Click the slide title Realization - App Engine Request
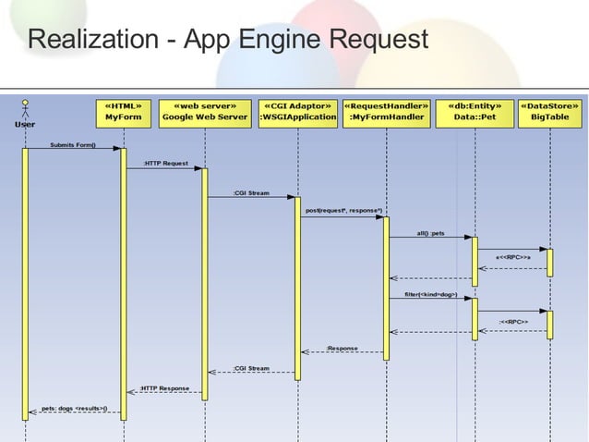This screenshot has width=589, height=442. coord(227,40)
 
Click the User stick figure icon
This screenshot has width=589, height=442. coord(25,107)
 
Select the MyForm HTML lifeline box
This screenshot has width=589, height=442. coord(123,112)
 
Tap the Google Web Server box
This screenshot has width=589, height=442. coord(205,112)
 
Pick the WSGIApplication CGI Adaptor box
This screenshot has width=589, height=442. coord(297,112)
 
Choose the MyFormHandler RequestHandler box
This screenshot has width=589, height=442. coord(386,112)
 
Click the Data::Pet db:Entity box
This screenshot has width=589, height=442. coord(475,112)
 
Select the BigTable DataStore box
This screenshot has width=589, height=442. coord(550,112)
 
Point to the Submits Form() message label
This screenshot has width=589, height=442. coord(72,144)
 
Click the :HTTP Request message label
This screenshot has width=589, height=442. coord(165,164)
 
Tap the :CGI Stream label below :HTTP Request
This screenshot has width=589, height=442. coord(251,193)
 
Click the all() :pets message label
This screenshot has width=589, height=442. coord(430,233)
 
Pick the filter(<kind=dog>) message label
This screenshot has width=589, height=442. coord(430,294)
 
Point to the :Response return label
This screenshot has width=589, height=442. coord(342,348)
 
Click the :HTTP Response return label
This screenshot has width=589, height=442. coord(165,388)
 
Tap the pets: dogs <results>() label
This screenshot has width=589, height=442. coord(74,408)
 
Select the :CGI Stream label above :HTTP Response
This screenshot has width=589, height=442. coord(251,368)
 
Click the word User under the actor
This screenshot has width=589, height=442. coord(25,123)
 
